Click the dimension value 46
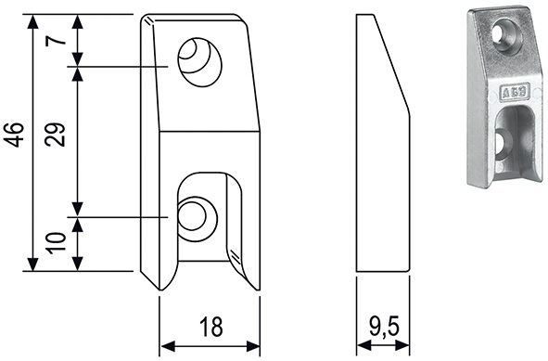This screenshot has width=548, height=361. click(13, 135)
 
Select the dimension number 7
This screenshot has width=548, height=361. click(56, 41)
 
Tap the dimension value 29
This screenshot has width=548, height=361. click(56, 135)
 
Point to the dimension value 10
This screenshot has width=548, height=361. click(56, 243)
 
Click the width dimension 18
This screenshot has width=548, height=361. click(211, 327)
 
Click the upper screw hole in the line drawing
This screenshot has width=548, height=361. click(200, 62)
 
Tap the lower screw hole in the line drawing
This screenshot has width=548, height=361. click(198, 219)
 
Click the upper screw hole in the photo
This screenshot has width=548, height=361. click(507, 36)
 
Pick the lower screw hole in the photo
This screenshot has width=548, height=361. click(503, 144)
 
